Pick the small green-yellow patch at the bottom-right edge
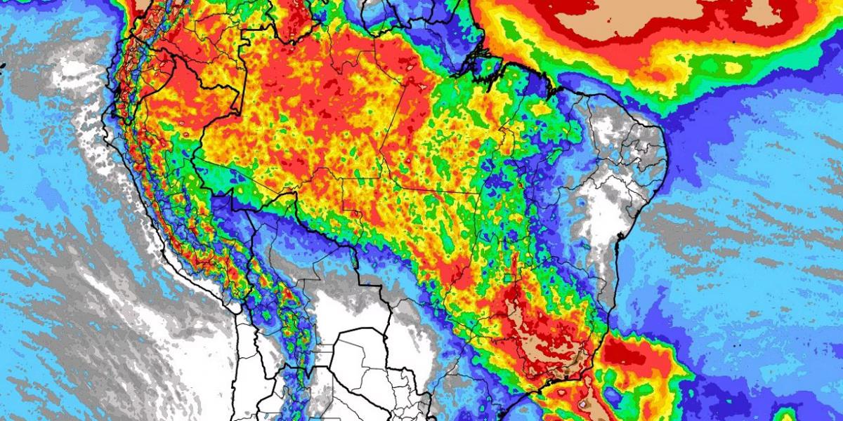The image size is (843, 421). pyautogui.click(x=787, y=414)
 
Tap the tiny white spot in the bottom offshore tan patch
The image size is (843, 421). pyautogui.click(x=582, y=405)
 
